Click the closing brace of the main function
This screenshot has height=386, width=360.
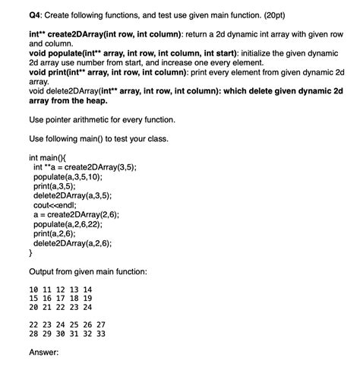30,253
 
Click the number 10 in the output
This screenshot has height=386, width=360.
34,290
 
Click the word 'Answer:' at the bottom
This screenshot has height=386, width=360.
43,352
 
